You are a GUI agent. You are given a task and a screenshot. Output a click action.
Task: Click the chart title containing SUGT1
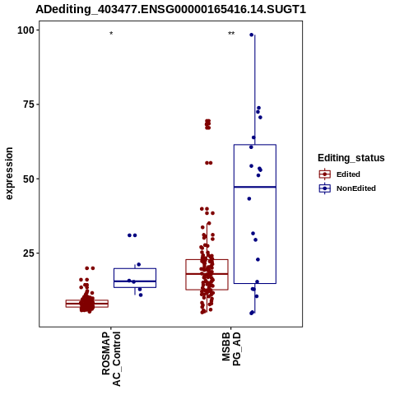pos(170,10)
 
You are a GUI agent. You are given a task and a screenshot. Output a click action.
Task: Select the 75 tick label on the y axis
pos(27,105)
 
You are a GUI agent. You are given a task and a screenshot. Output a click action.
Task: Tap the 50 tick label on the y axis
pos(27,179)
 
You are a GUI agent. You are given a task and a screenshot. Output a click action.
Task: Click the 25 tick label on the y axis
pos(27,253)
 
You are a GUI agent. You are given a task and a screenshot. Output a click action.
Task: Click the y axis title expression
pos(9,174)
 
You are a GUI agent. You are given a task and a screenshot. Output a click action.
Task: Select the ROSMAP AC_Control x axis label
pos(111,359)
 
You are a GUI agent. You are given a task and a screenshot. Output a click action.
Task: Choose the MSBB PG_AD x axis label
pos(231,349)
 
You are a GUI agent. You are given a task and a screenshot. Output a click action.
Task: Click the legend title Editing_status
pos(351,158)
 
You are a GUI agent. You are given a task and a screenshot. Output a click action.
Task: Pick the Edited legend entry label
pos(348,174)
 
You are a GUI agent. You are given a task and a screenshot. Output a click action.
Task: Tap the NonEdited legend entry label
pos(356,188)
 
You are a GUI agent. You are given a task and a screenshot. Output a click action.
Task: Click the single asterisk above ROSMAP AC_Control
pos(111,34)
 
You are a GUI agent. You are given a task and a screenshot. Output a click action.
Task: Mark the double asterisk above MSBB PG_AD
pos(231,34)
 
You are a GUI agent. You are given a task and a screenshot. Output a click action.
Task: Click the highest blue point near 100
pos(251,35)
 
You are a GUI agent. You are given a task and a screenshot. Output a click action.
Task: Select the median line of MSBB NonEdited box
pos(255,187)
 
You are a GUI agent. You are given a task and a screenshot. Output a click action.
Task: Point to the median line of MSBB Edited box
pos(207,274)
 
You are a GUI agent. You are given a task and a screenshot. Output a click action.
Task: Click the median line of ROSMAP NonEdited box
pos(135,281)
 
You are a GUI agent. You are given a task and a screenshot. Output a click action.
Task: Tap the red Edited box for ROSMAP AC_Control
pos(87,300)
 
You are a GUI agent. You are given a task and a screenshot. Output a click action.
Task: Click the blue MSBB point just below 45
pos(249,198)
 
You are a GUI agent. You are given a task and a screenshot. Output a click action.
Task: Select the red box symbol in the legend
pos(325,174)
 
